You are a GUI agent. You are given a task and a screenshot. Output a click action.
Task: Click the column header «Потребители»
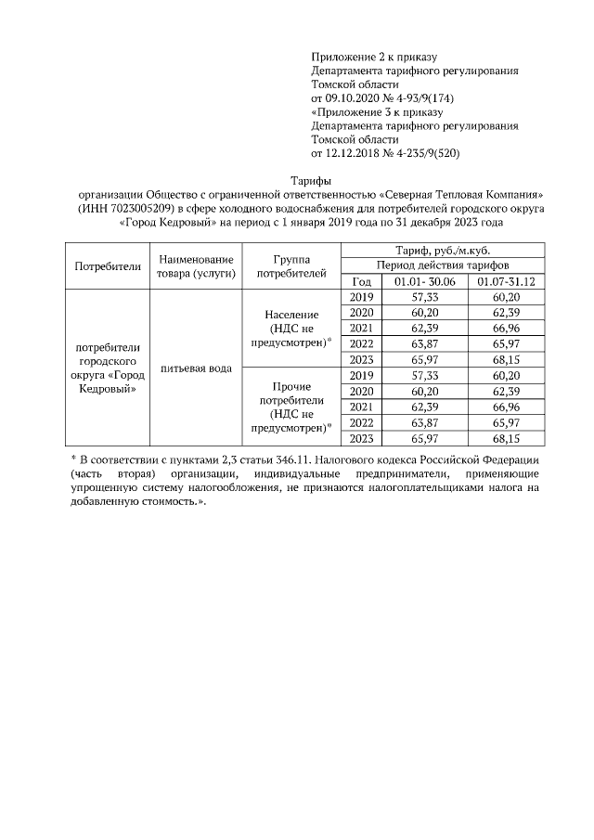pos(107,265)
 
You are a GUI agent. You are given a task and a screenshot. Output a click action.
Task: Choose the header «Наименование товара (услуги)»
pos(195,265)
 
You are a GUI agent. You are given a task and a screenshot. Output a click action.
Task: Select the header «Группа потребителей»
pos(291,265)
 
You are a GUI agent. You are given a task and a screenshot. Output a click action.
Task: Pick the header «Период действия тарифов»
pos(442,265)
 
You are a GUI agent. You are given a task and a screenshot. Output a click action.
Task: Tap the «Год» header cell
pos(362,281)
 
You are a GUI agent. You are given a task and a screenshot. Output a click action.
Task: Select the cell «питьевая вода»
pos(195,368)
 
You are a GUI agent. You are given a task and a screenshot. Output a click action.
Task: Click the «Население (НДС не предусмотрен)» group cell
pos(291,329)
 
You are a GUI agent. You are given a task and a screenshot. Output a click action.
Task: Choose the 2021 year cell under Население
pos(362,328)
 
